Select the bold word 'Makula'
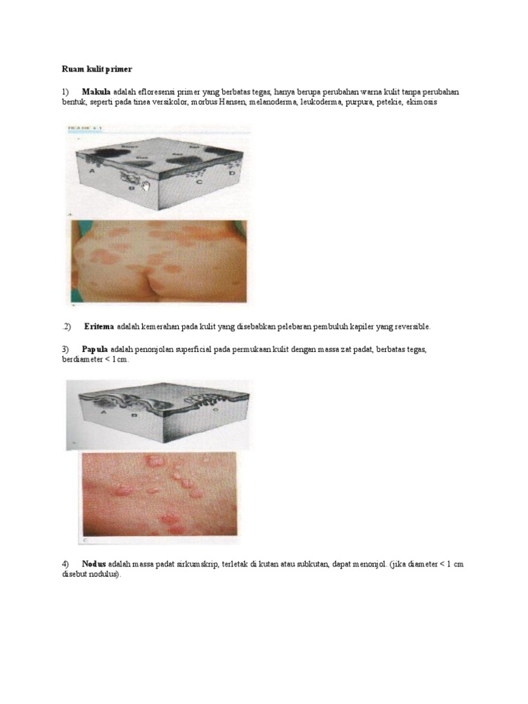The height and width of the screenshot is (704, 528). pyautogui.click(x=96, y=91)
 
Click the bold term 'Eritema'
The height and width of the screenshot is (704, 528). pyautogui.click(x=99, y=326)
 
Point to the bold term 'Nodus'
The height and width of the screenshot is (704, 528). pyautogui.click(x=93, y=564)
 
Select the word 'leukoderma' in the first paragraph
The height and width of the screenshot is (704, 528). pyautogui.click(x=315, y=102)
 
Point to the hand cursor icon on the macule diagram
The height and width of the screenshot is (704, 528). pyautogui.click(x=144, y=185)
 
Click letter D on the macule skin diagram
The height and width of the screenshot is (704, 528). pyautogui.click(x=231, y=175)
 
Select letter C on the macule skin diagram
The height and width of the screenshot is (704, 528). pyautogui.click(x=199, y=183)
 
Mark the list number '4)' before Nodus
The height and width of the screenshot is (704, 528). pyautogui.click(x=66, y=564)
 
